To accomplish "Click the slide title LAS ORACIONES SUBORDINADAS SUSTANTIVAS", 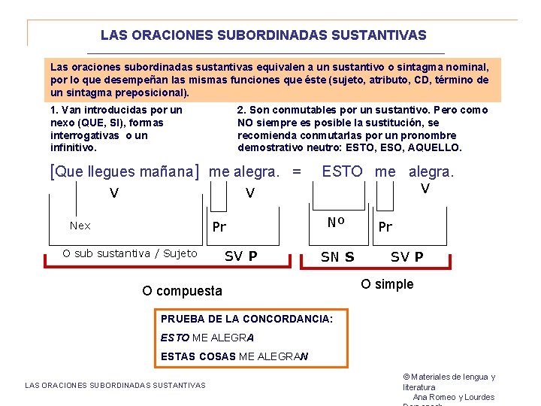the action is pos(263,35).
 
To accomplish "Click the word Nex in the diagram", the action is pos(80,226).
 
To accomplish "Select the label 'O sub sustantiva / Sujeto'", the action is pos(130,253).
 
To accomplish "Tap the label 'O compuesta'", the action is pos(182,290).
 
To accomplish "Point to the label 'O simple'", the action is pos(387,284).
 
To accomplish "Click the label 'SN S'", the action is pos(337,256).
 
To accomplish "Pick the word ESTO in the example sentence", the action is pos(342,171).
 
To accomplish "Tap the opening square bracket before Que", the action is pos(52,171).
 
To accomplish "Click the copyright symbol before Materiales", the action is pos(407,377).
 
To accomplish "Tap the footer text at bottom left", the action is pos(115,385).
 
